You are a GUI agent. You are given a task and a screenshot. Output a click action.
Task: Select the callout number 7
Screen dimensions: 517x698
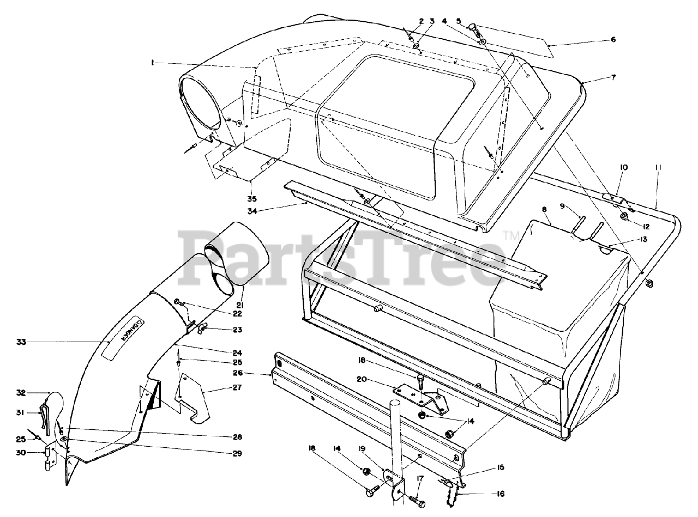[x=613, y=77]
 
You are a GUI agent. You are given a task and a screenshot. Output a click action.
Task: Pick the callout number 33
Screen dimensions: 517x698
[x=21, y=342]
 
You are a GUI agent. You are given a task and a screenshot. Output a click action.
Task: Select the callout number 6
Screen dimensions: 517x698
[x=613, y=39]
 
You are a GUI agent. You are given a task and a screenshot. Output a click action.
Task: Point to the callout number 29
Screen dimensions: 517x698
[x=237, y=453]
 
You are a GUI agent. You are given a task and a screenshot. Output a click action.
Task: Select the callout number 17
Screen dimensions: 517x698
[x=420, y=479]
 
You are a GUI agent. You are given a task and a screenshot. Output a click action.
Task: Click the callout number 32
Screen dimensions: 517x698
[x=21, y=392]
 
